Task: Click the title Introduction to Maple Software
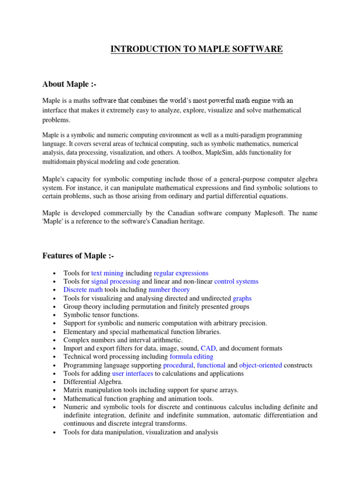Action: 196,49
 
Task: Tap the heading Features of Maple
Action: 78,255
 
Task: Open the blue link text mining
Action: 107,273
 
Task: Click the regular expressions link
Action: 181,273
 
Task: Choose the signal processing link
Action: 115,281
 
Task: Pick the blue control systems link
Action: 236,281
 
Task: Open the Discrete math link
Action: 80,290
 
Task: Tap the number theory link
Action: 169,290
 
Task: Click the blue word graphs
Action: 242,298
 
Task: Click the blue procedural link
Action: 178,365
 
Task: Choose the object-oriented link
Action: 261,365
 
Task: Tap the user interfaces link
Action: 133,374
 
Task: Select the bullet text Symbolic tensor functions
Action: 101,315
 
